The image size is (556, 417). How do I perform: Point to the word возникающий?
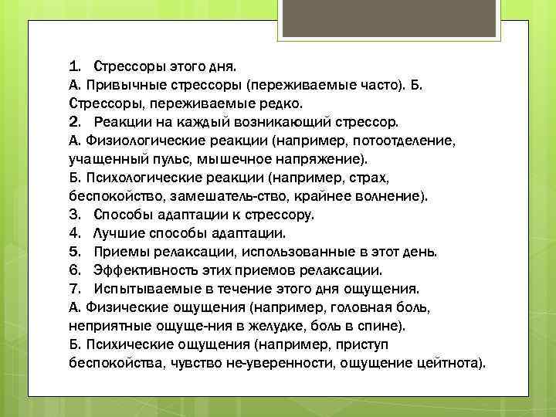[x=285, y=121]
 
